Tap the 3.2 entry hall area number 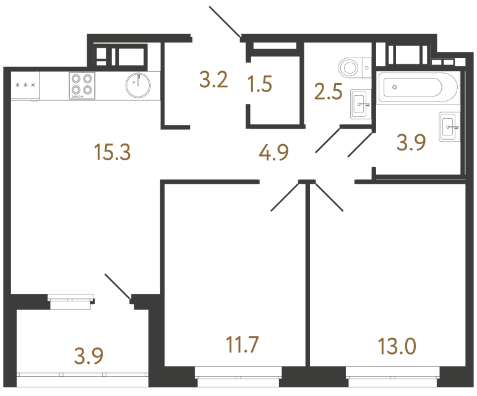tap(214, 80)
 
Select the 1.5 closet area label tap(259, 83)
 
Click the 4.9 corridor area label tap(274, 152)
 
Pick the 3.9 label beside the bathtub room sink tap(411, 143)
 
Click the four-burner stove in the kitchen tap(82, 85)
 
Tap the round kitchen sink tap(137, 85)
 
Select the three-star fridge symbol tap(25, 85)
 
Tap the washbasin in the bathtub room tap(448, 127)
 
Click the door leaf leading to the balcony tap(118, 288)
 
